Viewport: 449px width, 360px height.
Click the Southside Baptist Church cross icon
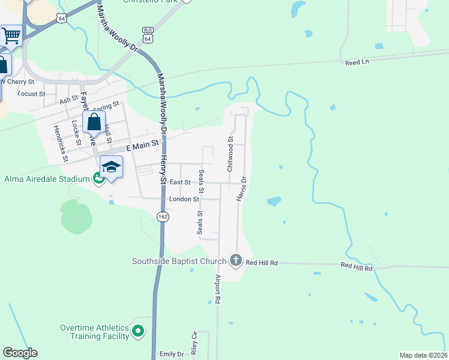[236, 260]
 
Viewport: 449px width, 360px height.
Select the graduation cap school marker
[111, 166]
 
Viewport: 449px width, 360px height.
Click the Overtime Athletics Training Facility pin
[139, 331]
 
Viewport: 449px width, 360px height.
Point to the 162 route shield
[162, 216]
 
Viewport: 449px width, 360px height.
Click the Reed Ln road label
[355, 62]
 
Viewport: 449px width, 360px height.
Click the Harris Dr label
[241, 188]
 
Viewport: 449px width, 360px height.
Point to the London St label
[184, 199]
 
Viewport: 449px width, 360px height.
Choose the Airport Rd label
[218, 289]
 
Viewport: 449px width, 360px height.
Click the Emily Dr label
[172, 355]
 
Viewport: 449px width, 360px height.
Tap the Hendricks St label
[61, 143]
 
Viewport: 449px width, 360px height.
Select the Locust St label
[32, 94]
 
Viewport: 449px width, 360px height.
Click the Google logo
[20, 353]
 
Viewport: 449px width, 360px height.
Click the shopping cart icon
[11, 35]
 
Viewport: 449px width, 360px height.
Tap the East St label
[180, 182]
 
